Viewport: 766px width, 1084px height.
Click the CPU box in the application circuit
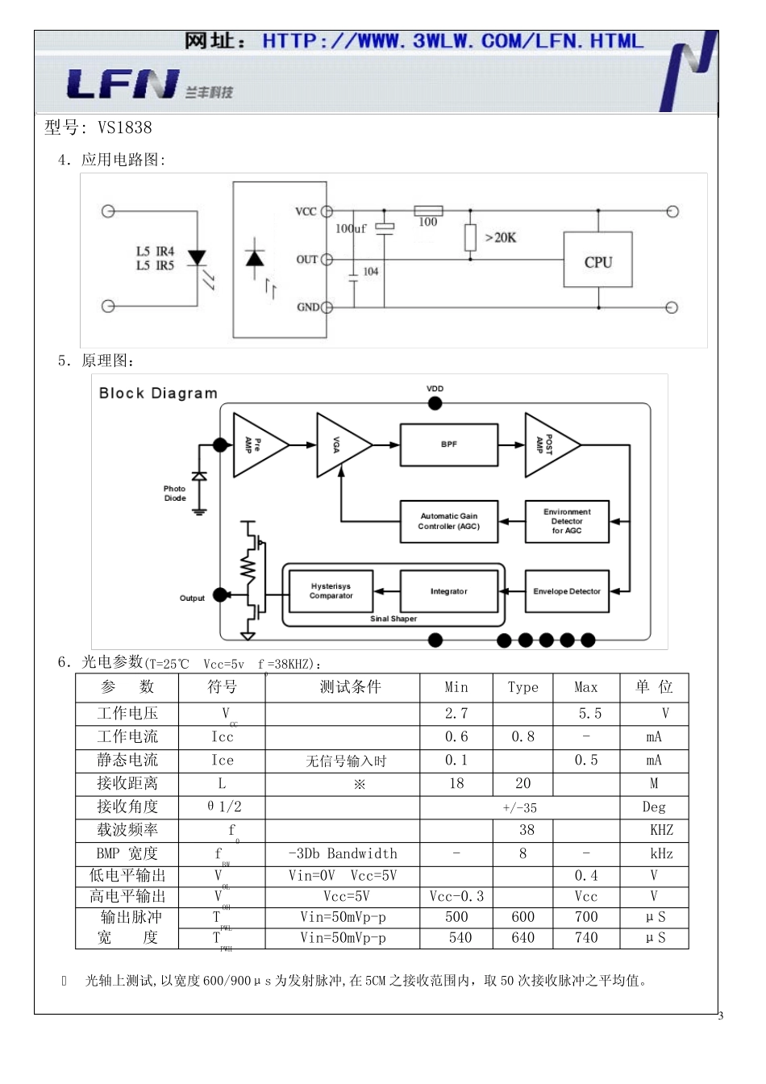coord(597,261)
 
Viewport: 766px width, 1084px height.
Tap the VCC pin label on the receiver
coord(306,212)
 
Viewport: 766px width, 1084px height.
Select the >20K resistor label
coord(500,238)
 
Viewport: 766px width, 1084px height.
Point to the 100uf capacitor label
coord(351,229)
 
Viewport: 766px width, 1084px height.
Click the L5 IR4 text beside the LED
coord(155,252)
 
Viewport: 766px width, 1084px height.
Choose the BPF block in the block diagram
coord(449,444)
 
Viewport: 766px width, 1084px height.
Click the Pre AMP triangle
coord(256,444)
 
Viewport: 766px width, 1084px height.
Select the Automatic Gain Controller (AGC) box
coord(449,521)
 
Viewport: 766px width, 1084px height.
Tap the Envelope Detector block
coord(567,591)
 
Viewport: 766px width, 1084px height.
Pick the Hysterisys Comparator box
coord(331,591)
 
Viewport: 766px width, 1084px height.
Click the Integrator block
coord(449,591)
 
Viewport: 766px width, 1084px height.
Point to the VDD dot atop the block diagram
coord(435,403)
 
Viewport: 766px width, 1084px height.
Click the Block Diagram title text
coord(158,394)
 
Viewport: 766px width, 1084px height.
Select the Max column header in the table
coord(586,687)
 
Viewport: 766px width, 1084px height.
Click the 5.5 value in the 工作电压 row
coord(589,714)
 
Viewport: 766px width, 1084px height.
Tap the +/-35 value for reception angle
coord(519,807)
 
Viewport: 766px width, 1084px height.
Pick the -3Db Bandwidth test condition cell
coord(343,853)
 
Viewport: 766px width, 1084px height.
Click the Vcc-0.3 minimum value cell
coord(456,897)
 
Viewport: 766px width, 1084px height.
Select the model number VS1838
coord(124,127)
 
